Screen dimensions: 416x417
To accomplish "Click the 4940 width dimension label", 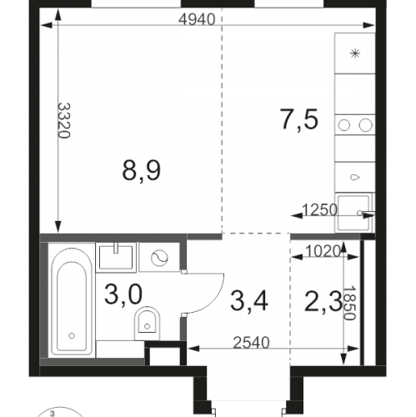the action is (x=197, y=19).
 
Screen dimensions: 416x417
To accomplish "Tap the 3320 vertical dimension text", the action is (x=64, y=121).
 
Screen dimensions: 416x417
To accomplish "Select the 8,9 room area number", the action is (x=141, y=171).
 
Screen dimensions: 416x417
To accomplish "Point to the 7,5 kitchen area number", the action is (x=299, y=120).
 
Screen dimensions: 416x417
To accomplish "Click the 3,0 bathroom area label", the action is (x=123, y=295).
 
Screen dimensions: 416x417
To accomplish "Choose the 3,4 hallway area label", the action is (x=249, y=301).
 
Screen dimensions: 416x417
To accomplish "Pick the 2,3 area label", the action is (x=323, y=302).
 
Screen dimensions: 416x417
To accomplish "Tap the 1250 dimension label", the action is (x=319, y=209).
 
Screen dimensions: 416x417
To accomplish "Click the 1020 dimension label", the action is (x=323, y=252).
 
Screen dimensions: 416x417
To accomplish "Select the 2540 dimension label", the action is (x=251, y=343).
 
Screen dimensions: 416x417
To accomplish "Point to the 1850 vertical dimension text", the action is (x=350, y=303).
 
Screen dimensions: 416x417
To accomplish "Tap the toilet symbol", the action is (x=147, y=324).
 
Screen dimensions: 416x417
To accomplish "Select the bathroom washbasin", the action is (x=116, y=256).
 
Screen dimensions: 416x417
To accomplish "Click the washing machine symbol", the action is (x=159, y=257).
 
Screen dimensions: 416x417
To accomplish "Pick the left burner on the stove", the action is (x=343, y=125).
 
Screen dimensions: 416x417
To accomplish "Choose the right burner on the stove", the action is (x=365, y=125).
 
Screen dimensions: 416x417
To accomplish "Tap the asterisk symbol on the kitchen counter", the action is (x=355, y=53).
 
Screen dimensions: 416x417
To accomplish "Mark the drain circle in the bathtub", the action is (x=72, y=336).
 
